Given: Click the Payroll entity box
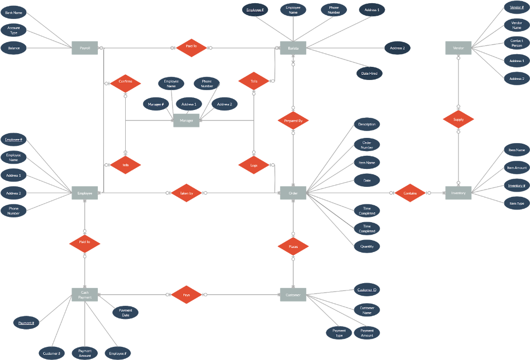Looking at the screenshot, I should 85,48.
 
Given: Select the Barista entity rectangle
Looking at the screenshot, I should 293,48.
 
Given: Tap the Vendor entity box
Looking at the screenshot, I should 458,48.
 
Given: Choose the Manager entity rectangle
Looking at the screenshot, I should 186,121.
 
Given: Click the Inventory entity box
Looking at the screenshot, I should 458,193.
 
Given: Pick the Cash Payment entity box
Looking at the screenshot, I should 85,295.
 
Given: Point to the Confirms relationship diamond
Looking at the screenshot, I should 125,82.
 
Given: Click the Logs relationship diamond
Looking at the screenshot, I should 254,165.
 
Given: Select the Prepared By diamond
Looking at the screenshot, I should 293,121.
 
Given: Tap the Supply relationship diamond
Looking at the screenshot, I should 458,119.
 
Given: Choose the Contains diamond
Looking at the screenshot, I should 410,193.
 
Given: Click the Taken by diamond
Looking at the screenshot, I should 186,193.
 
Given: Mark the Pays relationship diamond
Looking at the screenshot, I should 186,295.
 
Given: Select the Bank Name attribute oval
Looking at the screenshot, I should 14,12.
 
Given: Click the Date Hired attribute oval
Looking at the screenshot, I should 368,74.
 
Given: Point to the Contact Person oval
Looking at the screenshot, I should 516,43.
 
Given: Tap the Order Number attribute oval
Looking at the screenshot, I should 367,145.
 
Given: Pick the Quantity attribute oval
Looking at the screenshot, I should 367,246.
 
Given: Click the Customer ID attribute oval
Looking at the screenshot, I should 367,290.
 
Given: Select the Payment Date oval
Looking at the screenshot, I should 125,313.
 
